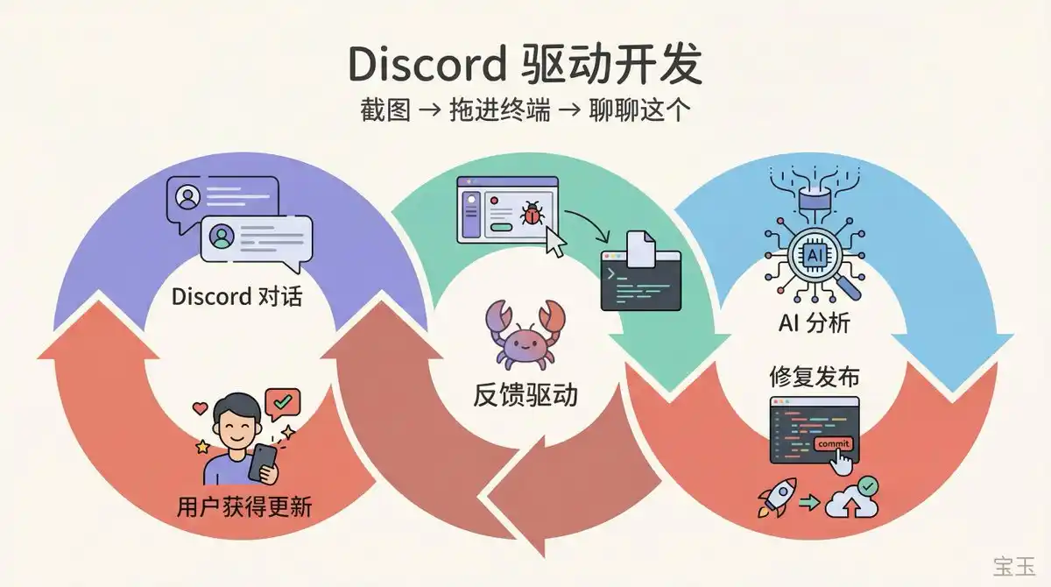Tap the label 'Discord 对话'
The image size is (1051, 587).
pos(236,296)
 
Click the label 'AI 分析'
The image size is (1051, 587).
pos(814,322)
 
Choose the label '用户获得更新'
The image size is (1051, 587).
pos(243,506)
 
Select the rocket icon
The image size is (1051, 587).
pos(777,497)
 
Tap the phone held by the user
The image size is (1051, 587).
pos(262,462)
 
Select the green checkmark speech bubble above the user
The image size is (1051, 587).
pos(283,402)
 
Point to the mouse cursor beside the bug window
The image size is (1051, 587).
pos(554,241)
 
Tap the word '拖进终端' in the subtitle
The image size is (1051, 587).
pos(500,112)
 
